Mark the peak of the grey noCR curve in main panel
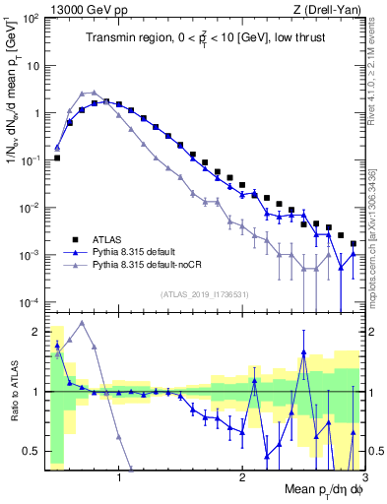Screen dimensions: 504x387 pyautogui.click(x=88, y=93)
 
